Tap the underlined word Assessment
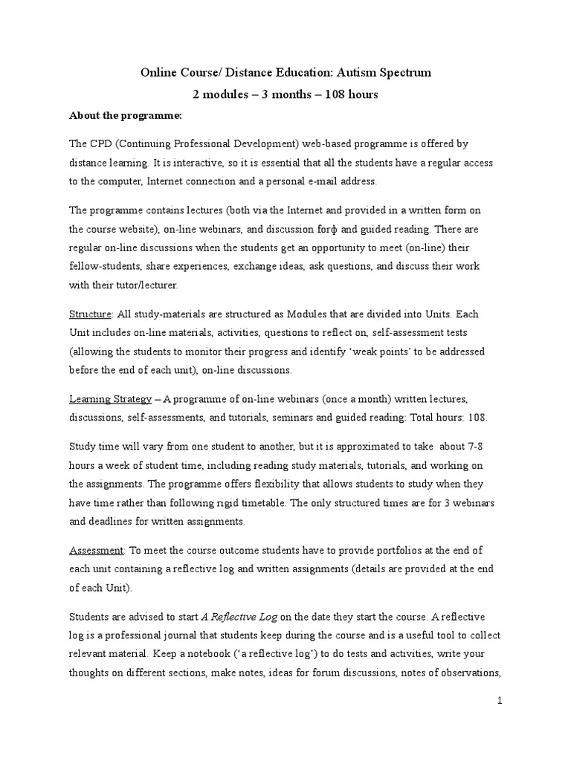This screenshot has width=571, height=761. [96, 551]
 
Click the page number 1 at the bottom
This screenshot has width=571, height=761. [500, 700]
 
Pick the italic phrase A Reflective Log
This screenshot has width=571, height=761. [239, 616]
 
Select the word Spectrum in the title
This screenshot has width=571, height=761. [404, 73]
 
